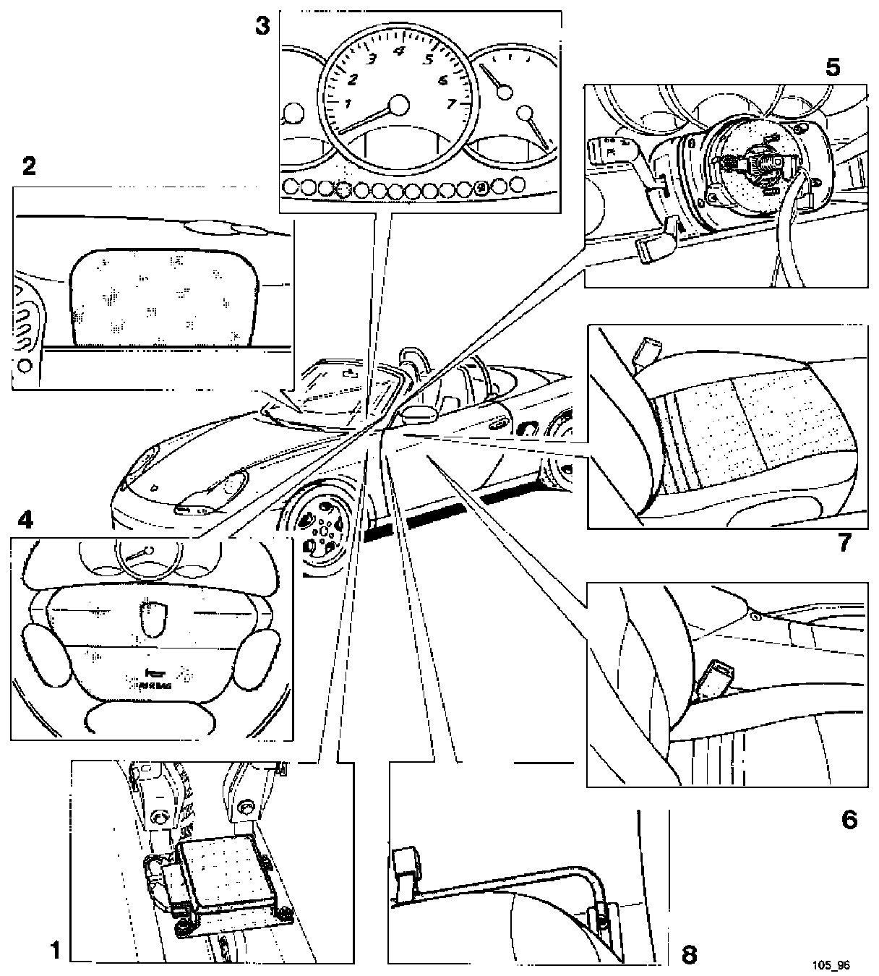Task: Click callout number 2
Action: [28, 167]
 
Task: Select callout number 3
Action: [262, 27]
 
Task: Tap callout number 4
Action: [25, 519]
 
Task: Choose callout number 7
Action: [844, 542]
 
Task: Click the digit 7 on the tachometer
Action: [452, 103]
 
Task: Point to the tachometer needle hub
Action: [398, 106]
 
